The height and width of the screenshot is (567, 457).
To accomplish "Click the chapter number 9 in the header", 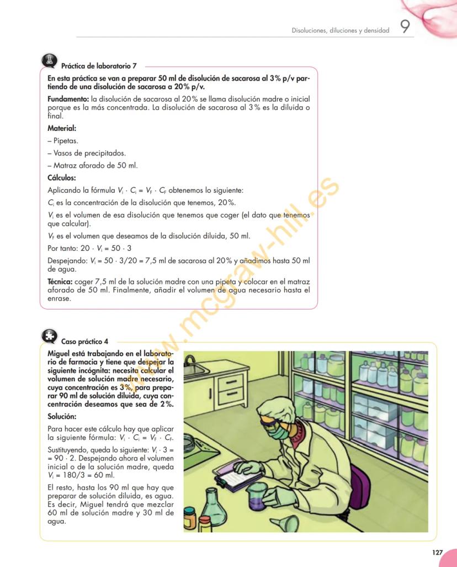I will click(405, 28).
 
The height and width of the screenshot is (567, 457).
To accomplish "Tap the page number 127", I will click(437, 552).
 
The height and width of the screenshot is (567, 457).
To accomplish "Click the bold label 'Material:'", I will click(62, 128).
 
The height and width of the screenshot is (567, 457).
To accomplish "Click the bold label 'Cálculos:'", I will click(62, 178).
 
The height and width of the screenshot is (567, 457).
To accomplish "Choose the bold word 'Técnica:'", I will click(60, 282).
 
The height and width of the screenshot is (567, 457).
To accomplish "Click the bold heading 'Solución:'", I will click(62, 416).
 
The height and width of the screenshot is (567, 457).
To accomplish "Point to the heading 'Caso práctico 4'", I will click(84, 342).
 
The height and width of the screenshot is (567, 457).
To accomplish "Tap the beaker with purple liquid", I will click(257, 497).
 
